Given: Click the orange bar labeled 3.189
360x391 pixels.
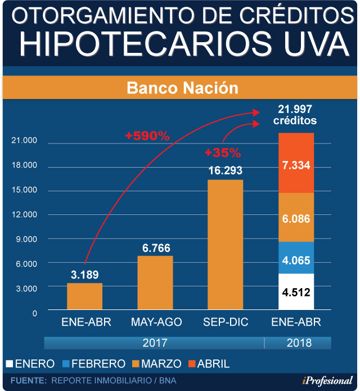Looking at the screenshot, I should (84, 296).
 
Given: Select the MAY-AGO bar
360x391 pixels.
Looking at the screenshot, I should (155, 283).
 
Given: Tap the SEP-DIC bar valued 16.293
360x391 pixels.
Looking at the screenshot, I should (225, 244).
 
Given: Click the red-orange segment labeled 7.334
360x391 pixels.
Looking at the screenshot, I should (296, 163).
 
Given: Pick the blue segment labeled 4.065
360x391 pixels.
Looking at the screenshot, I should (296, 258).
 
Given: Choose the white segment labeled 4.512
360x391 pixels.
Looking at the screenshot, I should (296, 292).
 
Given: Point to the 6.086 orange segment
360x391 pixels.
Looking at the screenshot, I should (296, 218).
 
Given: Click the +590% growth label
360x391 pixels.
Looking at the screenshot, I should (147, 136).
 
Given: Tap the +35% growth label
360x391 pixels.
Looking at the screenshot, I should (223, 152).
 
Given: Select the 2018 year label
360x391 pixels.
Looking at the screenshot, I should (298, 342).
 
